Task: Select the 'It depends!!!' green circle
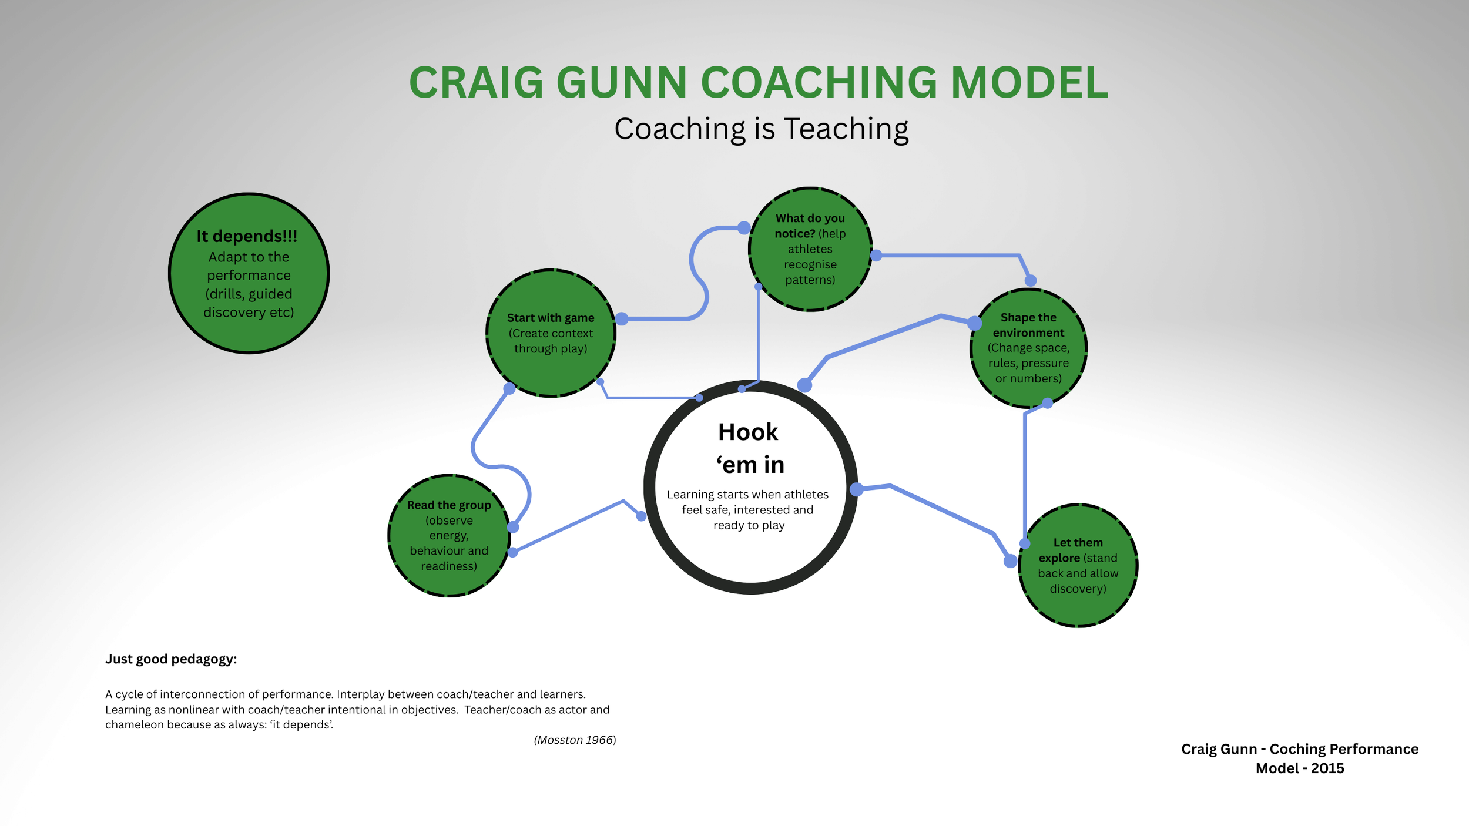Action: tap(249, 273)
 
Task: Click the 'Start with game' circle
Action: tap(551, 333)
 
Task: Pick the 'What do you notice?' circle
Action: tap(810, 249)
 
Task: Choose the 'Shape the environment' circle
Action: tap(1028, 348)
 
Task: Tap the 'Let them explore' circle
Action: tap(1078, 565)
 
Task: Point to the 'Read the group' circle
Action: tap(449, 535)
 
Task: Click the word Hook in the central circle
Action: tap(747, 432)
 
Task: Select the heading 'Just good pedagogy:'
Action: tap(171, 659)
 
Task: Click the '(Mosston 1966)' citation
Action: tap(575, 740)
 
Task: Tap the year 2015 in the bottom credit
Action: tap(1327, 768)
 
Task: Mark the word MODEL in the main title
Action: tap(1029, 83)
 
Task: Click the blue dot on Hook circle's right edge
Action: tap(857, 489)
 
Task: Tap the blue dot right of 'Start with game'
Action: tap(622, 319)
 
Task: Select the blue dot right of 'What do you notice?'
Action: tap(876, 256)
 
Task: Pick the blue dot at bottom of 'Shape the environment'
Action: tap(1047, 403)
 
